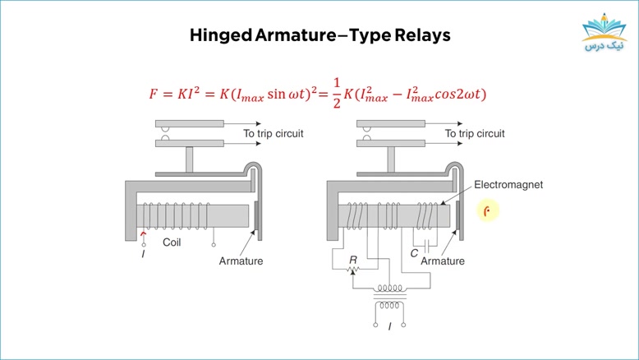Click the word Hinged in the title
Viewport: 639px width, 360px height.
click(x=221, y=35)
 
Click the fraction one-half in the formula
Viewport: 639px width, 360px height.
click(x=336, y=94)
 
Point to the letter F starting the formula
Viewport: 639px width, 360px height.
click(x=153, y=95)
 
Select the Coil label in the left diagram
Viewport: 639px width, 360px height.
click(x=172, y=242)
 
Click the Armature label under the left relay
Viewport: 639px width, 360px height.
click(x=241, y=261)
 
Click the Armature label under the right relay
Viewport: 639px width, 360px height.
click(x=443, y=261)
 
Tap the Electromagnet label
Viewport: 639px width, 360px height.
click(x=508, y=185)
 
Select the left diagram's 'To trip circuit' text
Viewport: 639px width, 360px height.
click(x=274, y=134)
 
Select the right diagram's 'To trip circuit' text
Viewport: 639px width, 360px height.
click(x=475, y=134)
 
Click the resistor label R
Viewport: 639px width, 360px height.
click(x=353, y=260)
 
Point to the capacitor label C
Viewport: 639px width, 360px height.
click(x=414, y=253)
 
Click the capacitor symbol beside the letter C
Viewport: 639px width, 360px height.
click(x=427, y=247)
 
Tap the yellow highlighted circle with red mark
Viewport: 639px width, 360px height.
click(x=486, y=210)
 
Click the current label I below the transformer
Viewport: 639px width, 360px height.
click(x=389, y=326)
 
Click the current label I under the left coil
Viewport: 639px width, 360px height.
click(x=143, y=254)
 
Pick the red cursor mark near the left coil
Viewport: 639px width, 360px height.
click(x=143, y=234)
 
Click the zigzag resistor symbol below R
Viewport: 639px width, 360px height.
click(x=353, y=269)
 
